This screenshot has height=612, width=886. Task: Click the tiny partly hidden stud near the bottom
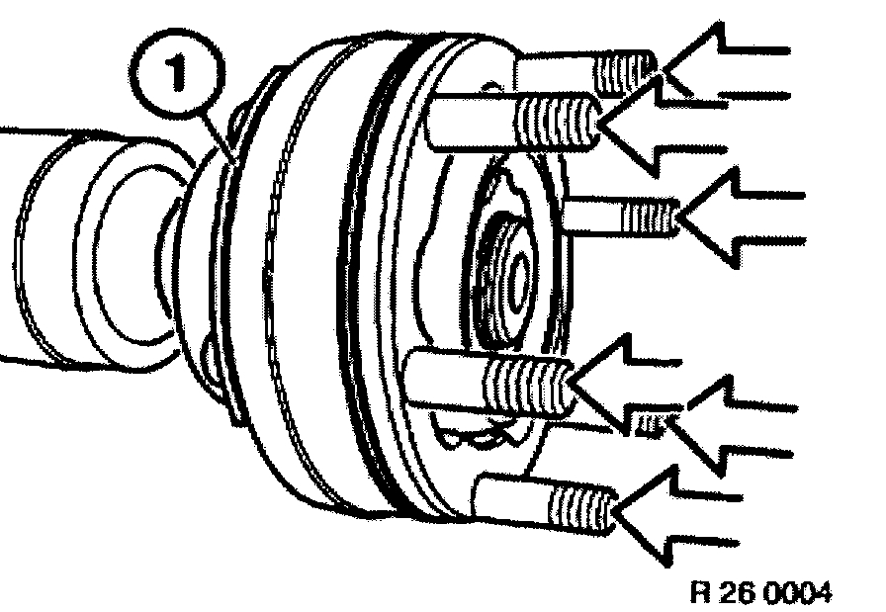pos(648,425)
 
